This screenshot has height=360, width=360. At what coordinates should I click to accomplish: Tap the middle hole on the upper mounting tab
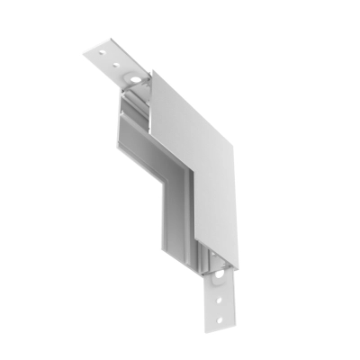[116, 63]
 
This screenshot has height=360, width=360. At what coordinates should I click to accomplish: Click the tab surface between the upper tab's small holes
[107, 58]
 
